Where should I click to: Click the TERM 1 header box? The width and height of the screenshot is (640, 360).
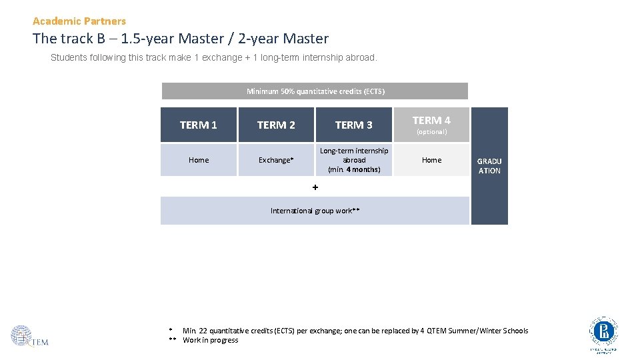click(x=199, y=125)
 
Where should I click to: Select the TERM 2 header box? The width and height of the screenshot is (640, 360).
click(x=276, y=125)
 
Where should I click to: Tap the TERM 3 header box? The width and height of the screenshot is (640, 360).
click(x=353, y=125)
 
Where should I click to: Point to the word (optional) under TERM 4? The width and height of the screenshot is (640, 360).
click(x=431, y=132)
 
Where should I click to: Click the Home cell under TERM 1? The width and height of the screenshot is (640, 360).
click(x=199, y=160)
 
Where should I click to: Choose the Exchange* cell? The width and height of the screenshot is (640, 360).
click(x=276, y=160)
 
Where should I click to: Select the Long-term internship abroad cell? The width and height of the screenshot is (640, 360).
click(x=353, y=160)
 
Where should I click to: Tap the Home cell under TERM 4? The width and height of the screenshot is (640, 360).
click(x=431, y=160)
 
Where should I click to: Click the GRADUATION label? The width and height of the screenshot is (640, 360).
click(x=489, y=166)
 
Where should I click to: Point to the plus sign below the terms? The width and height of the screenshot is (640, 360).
click(x=315, y=187)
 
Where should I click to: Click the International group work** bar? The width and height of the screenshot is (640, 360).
click(x=315, y=211)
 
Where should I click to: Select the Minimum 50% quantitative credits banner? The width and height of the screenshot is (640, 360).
click(x=315, y=91)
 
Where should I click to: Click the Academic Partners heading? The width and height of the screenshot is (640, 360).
click(x=79, y=21)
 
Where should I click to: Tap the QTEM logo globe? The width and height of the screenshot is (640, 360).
click(x=21, y=335)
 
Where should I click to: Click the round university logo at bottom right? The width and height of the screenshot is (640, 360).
click(x=603, y=331)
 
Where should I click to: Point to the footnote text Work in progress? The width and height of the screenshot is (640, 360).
click(x=210, y=340)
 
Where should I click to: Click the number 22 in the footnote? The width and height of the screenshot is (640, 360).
click(x=203, y=331)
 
